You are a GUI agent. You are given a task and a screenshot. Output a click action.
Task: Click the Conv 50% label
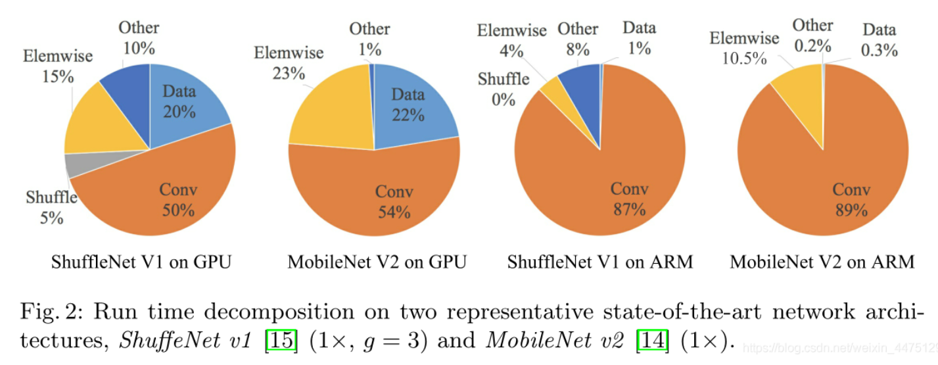pyautogui.click(x=178, y=200)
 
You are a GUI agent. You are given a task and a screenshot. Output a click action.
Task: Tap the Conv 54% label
pyautogui.click(x=394, y=201)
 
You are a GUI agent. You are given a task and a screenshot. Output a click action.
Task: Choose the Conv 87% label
pyautogui.click(x=629, y=199)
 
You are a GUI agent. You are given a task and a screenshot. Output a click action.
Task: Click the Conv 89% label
pyautogui.click(x=851, y=199)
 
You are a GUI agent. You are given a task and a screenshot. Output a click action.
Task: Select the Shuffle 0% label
pyautogui.click(x=504, y=89)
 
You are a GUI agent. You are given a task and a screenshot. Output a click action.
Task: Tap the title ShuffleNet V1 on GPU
pyautogui.click(x=141, y=262)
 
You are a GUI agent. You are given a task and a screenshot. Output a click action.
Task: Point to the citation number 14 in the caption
pyautogui.click(x=647, y=342)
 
